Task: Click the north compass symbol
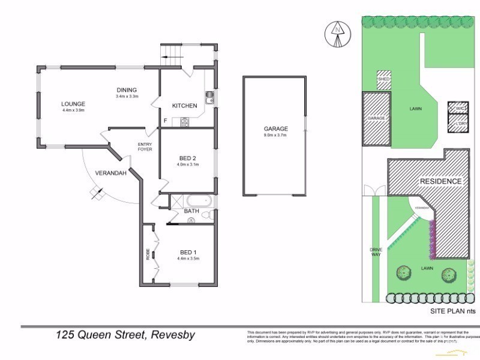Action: (x=338, y=34)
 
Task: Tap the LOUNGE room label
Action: (x=72, y=104)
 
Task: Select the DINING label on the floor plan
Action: (x=127, y=90)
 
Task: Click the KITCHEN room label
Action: (x=185, y=106)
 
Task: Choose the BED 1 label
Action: (x=187, y=252)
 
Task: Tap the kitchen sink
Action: (x=209, y=98)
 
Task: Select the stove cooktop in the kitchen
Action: (x=185, y=122)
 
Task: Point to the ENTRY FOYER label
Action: (x=145, y=146)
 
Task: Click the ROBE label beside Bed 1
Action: (x=147, y=254)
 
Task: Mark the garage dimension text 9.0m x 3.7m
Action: (x=276, y=135)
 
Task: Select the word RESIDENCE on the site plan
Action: (x=440, y=181)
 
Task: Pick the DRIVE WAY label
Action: (x=376, y=252)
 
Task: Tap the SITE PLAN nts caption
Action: (x=453, y=311)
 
